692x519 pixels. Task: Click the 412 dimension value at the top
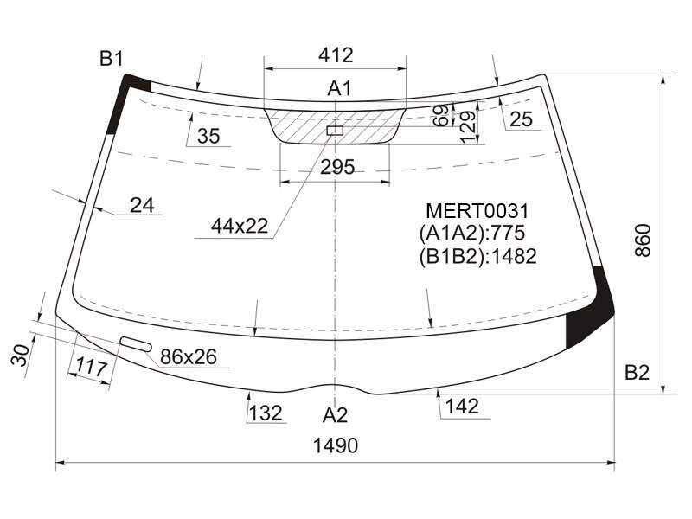point(336,55)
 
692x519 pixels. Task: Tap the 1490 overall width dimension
point(336,445)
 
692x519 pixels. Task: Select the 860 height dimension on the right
point(643,240)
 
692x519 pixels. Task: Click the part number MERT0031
point(477,211)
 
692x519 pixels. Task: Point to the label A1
point(339,88)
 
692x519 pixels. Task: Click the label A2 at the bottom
point(335,415)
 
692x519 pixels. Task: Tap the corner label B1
point(112,58)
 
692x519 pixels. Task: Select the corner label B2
point(637,373)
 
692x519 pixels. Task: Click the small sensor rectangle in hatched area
point(335,131)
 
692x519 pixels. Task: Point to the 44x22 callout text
point(240,226)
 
